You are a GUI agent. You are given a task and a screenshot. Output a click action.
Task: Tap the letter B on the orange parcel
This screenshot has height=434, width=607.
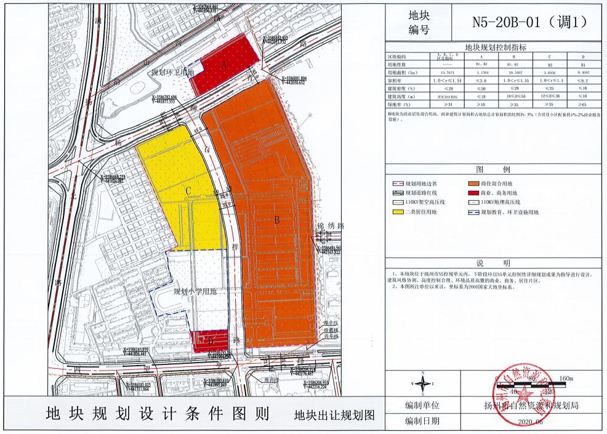tap(277, 220)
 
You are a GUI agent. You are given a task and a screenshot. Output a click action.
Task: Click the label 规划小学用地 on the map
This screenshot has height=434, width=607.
tap(195, 292)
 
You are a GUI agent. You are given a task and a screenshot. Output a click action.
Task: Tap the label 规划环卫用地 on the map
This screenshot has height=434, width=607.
tap(173, 73)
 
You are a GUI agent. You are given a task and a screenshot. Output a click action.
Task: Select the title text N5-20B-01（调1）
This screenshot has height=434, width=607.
tap(528, 22)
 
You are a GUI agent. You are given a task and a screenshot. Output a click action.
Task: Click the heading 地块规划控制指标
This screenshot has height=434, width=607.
tap(496, 47)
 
